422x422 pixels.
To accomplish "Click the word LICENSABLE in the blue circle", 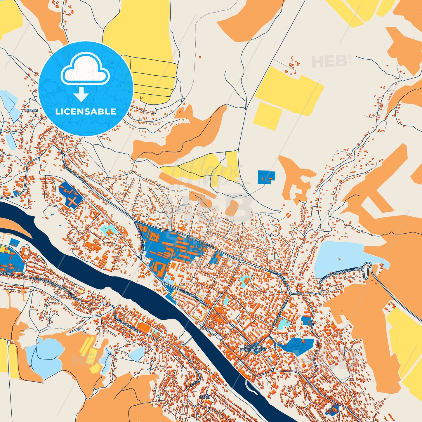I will coord(86,112).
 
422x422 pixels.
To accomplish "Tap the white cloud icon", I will coord(85,70).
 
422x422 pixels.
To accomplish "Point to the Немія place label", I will coord(32,111).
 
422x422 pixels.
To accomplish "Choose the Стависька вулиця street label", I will coord(193,297).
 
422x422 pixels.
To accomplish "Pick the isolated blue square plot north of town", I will coord(266,177).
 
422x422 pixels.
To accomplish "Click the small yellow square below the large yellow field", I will coord(267,116).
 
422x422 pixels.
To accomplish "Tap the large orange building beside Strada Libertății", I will coord(144,327).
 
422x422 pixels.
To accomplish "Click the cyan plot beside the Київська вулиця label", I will coord(283,323).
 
